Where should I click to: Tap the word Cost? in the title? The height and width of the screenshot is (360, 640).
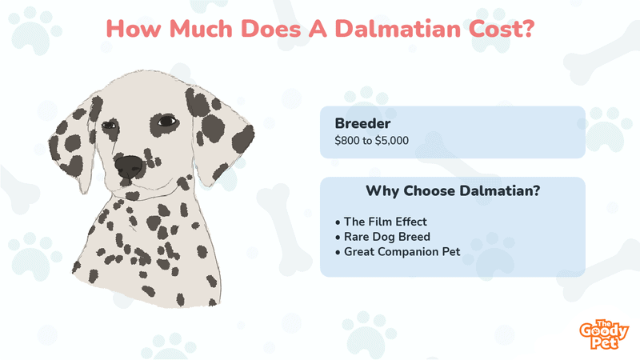[502, 29]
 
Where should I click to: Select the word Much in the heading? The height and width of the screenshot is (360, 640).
[201, 29]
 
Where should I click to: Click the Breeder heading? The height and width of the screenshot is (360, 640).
[362, 123]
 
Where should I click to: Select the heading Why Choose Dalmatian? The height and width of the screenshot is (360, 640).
[453, 191]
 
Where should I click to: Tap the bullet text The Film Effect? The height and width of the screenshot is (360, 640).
[386, 222]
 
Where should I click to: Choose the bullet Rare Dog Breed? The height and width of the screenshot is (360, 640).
[387, 237]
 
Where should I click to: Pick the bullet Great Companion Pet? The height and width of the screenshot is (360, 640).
[402, 252]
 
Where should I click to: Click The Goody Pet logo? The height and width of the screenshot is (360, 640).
[604, 334]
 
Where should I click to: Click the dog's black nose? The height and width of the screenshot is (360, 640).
[130, 166]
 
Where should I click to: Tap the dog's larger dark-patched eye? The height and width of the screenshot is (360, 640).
[166, 122]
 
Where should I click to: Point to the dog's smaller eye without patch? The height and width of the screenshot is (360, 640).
[109, 125]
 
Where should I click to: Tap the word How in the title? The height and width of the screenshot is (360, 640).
[134, 29]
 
